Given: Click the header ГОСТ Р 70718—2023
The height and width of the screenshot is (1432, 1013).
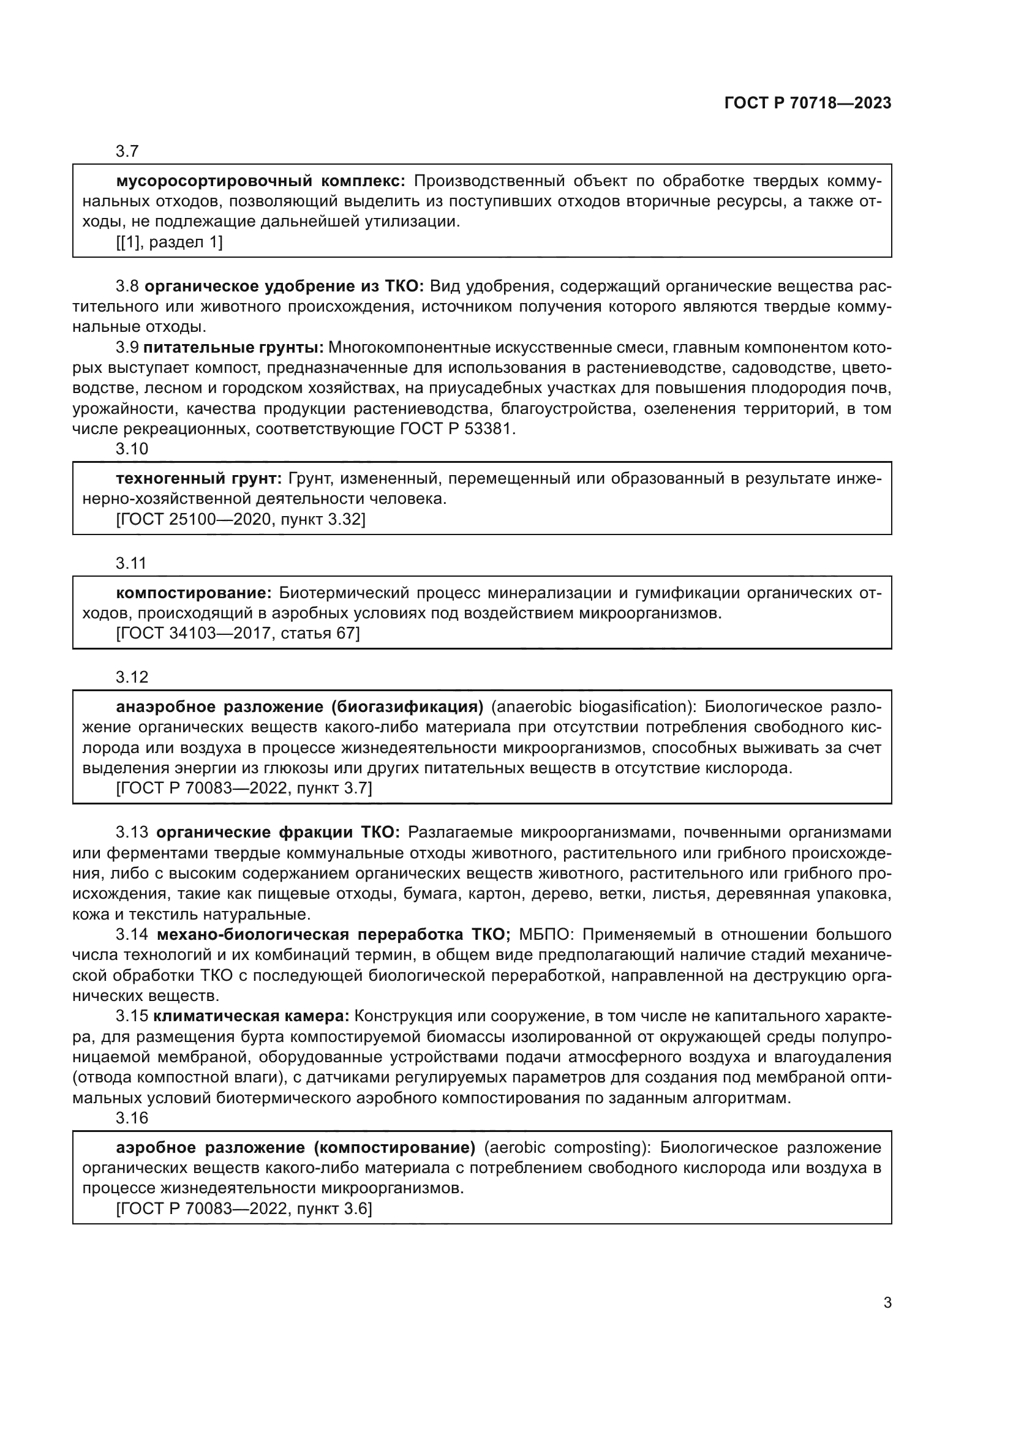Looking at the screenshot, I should click(x=807, y=103).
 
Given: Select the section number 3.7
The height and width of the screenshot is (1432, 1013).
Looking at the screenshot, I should click(x=127, y=152).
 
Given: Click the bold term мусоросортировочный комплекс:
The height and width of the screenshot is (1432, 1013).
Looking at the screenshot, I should click(x=260, y=181).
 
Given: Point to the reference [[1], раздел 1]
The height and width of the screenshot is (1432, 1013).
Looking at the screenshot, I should click(x=169, y=242).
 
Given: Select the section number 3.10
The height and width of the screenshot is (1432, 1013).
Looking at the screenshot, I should click(x=132, y=449).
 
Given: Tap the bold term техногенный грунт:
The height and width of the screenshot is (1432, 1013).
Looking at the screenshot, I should click(x=199, y=479).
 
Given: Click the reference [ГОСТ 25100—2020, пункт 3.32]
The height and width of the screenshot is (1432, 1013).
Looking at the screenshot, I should click(x=240, y=520).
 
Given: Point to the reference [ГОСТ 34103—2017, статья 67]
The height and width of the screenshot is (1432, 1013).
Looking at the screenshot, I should click(x=238, y=634).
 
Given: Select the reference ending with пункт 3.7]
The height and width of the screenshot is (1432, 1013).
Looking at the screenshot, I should click(x=244, y=789).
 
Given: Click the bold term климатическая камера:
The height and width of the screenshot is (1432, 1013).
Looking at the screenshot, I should click(x=250, y=1016).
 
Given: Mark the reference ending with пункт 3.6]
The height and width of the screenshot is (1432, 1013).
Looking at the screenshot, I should click(x=244, y=1209).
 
